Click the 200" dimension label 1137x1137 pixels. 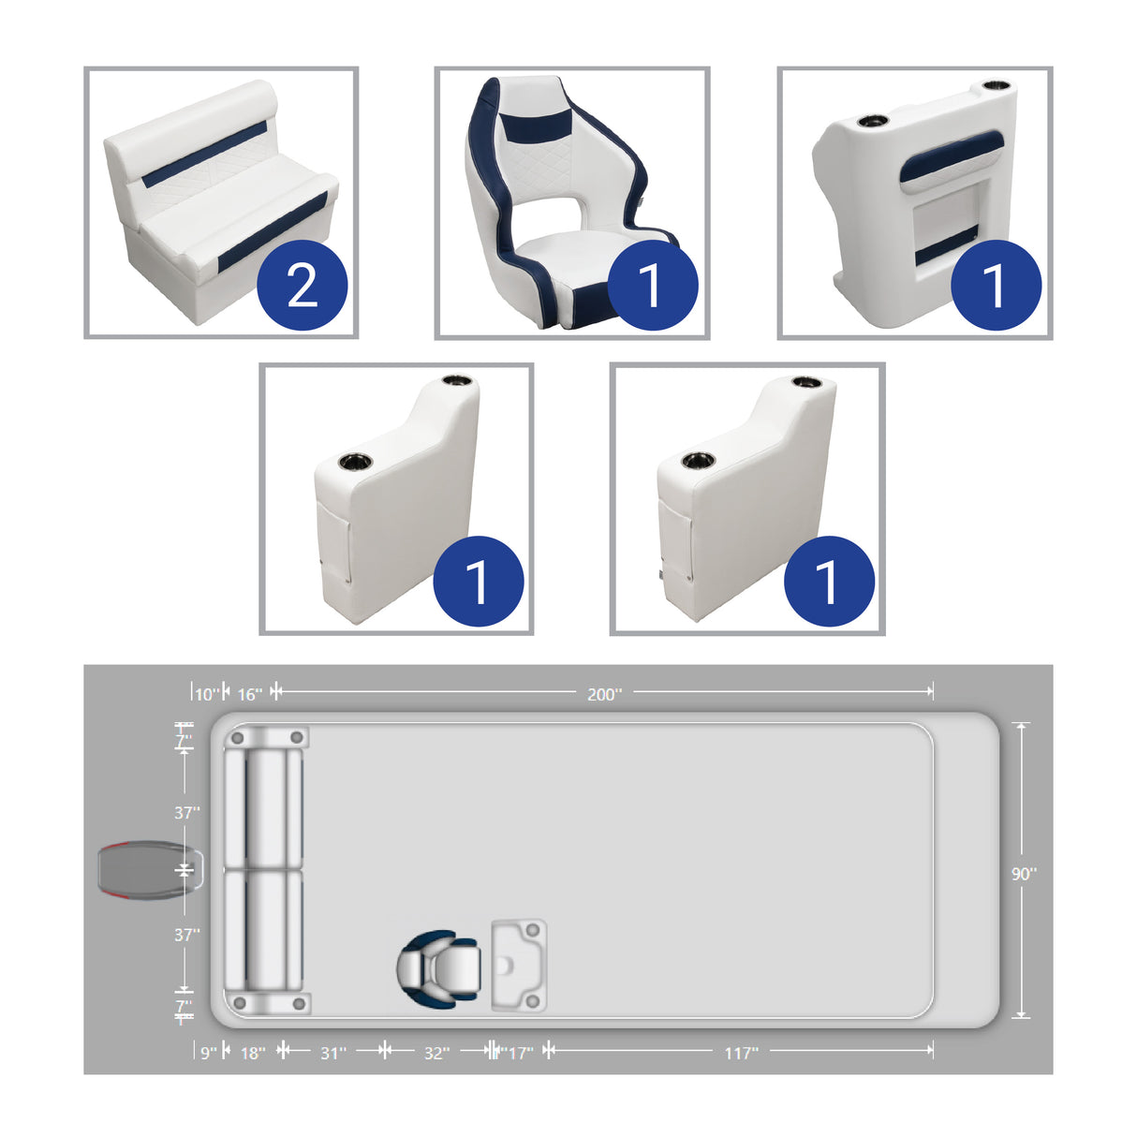point(604,694)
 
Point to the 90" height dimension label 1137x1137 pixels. point(1024,874)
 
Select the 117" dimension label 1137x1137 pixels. point(741,1053)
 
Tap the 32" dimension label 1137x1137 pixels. point(436,1053)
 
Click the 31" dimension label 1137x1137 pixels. point(333,1053)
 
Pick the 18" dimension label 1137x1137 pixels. point(253,1053)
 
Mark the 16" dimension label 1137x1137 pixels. point(249,694)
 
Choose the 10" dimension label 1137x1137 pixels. point(207,694)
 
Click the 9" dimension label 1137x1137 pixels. point(208,1053)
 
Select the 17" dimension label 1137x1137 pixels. point(519,1053)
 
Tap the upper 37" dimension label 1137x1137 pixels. point(186,812)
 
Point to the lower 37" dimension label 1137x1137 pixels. point(186,934)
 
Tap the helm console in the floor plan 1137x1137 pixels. point(519,966)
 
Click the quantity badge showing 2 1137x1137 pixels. point(303,285)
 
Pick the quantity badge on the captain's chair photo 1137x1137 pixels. point(652,285)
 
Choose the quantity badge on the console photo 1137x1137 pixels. point(996,285)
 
